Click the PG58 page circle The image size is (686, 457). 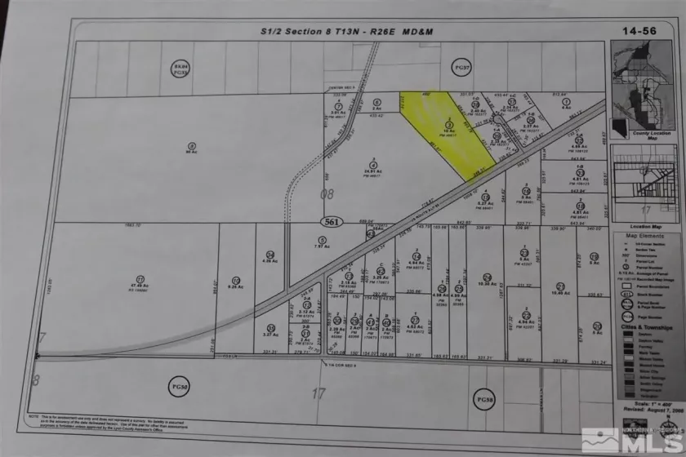[x=484, y=397]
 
